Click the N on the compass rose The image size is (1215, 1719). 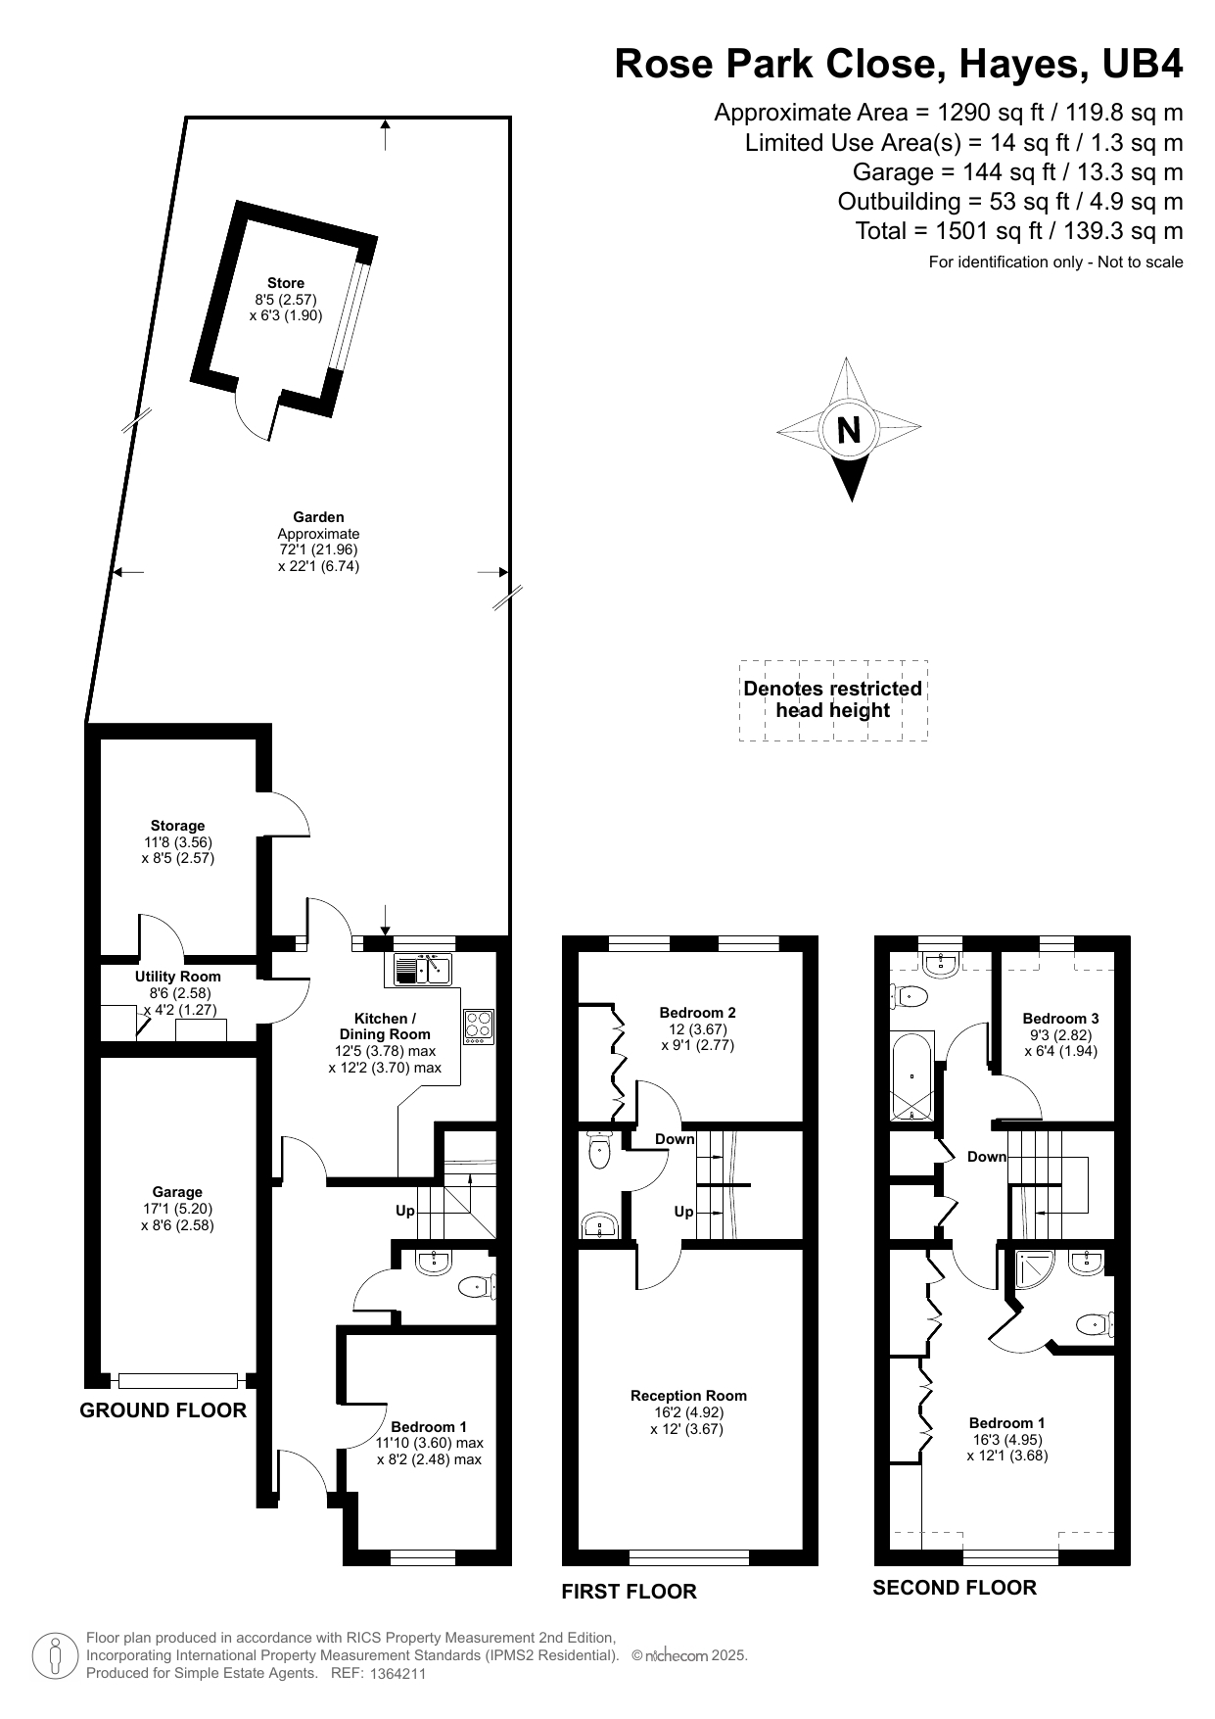[849, 430]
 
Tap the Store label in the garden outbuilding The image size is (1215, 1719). [286, 283]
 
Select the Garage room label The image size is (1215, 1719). [177, 1192]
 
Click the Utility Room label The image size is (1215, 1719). [178, 977]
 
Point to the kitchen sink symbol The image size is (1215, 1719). [422, 969]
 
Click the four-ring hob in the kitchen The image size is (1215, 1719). [479, 1027]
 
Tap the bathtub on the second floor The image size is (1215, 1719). [912, 1076]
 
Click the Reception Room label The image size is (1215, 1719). [688, 1396]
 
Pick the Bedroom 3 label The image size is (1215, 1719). [1060, 1019]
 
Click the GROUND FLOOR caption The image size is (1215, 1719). [163, 1410]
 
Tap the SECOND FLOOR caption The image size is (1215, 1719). [955, 1588]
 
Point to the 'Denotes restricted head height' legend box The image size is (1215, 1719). [833, 700]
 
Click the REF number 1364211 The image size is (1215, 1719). [397, 1674]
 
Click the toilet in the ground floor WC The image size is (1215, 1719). [477, 1287]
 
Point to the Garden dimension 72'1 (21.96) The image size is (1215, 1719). [318, 550]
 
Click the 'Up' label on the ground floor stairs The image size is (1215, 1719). [405, 1211]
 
